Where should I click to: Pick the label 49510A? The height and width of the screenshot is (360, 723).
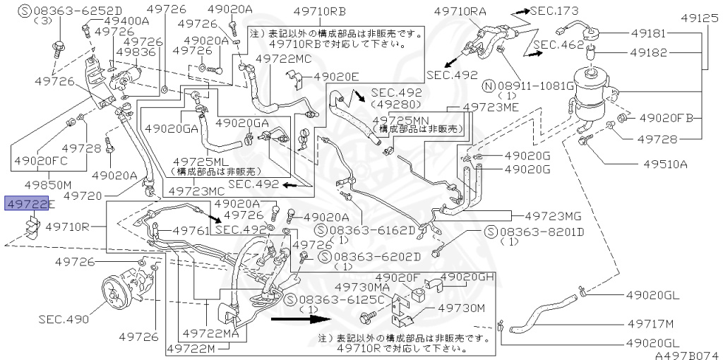[x=664, y=164]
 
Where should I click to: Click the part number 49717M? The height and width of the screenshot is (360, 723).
[x=653, y=324]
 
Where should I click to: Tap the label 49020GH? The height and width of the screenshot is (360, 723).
[x=467, y=277]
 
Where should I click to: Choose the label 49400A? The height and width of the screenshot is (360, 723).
[x=126, y=20]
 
